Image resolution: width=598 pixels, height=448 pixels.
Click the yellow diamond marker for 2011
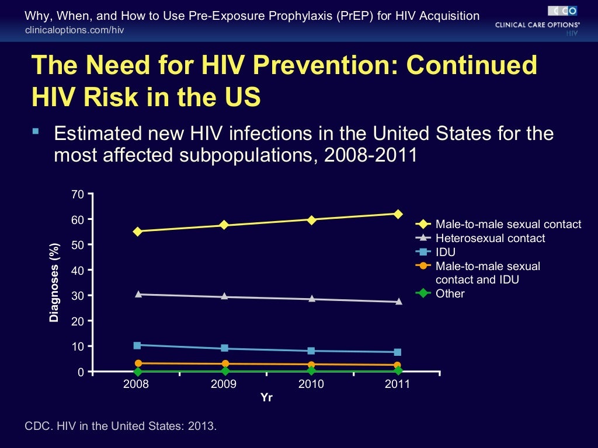(x=398, y=214)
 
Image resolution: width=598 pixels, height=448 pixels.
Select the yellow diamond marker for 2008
(x=137, y=231)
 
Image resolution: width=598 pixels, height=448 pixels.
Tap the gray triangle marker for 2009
(x=224, y=297)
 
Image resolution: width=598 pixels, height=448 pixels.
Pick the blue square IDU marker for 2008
(x=137, y=345)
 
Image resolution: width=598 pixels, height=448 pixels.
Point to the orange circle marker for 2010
(x=311, y=365)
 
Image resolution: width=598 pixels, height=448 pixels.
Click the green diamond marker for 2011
(x=398, y=371)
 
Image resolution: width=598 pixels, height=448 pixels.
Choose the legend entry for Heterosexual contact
(x=490, y=238)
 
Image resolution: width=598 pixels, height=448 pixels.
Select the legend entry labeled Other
(x=450, y=293)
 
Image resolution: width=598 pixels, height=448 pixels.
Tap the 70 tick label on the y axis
(x=78, y=194)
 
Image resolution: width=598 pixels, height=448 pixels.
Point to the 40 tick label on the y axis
(x=78, y=270)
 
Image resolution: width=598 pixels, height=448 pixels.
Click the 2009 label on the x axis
(x=224, y=384)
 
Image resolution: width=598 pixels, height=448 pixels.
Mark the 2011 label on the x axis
(x=398, y=384)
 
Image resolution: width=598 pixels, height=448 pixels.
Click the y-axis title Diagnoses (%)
(x=54, y=282)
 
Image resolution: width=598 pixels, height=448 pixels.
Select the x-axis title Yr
(x=267, y=398)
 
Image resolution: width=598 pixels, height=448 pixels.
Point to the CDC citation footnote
(x=120, y=426)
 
